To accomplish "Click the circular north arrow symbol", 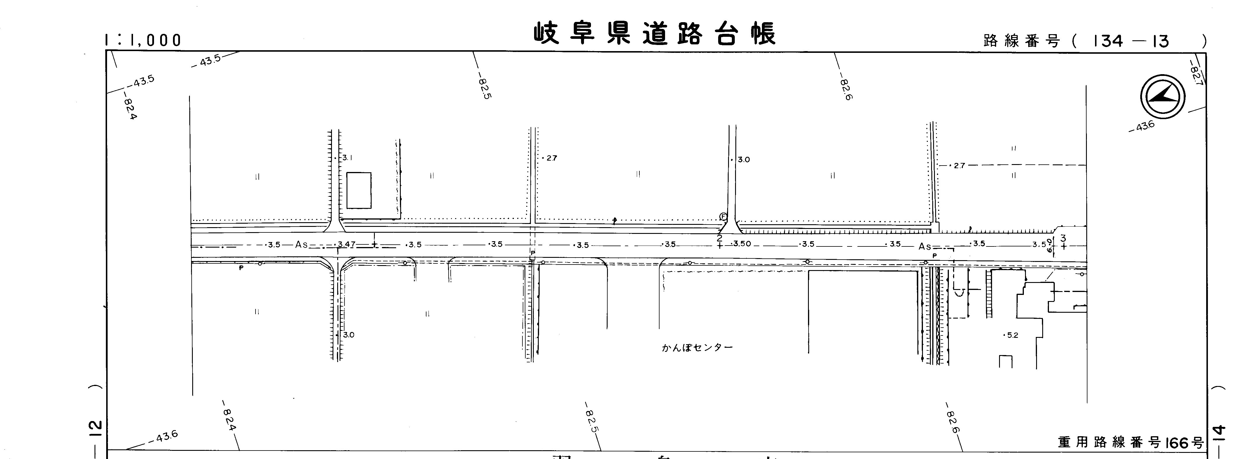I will point(1162,97).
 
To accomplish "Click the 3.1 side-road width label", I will point(347,158).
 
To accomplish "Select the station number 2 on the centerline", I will point(720,238).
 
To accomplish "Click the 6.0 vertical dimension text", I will point(1050,245).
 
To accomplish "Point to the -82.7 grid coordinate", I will point(1196,73).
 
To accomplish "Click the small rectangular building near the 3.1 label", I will point(359,190).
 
